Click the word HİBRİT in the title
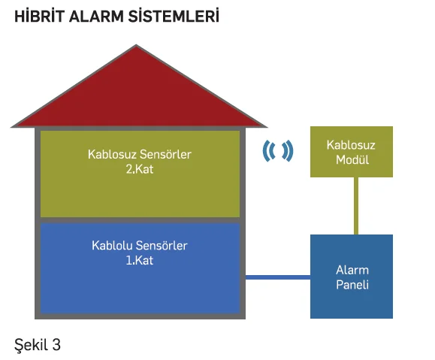pyautogui.click(x=39, y=16)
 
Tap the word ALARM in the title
pyautogui.click(x=96, y=17)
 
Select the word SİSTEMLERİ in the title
pyautogui.click(x=174, y=16)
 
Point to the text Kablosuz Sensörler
pyautogui.click(x=140, y=154)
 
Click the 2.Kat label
pyautogui.click(x=140, y=169)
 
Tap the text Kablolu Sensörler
pyautogui.click(x=140, y=246)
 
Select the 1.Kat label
pyautogui.click(x=140, y=260)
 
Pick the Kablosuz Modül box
pyautogui.click(x=352, y=152)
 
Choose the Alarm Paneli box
pyautogui.click(x=352, y=277)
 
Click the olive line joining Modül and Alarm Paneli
pyautogui.click(x=356, y=206)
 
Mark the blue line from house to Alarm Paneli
pyautogui.click(x=278, y=277)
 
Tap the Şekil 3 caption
pyautogui.click(x=38, y=346)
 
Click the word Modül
pyautogui.click(x=352, y=160)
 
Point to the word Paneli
pyautogui.click(x=352, y=285)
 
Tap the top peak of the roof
pyautogui.click(x=136, y=44)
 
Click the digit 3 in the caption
pyautogui.click(x=56, y=345)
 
